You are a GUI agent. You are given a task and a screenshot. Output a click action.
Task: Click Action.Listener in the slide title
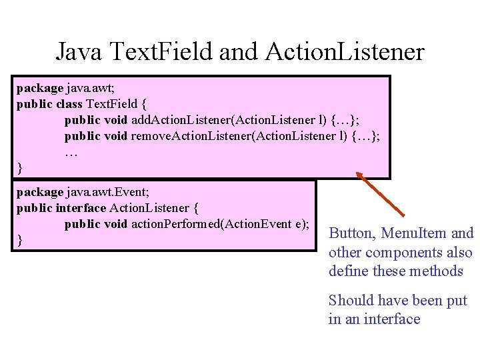(345, 51)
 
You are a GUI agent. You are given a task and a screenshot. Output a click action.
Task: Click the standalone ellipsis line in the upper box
(71, 152)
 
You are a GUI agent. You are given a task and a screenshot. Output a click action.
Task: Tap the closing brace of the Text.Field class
(19, 168)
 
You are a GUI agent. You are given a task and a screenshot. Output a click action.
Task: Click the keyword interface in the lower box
(81, 208)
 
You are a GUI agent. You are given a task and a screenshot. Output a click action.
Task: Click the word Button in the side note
(353, 233)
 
